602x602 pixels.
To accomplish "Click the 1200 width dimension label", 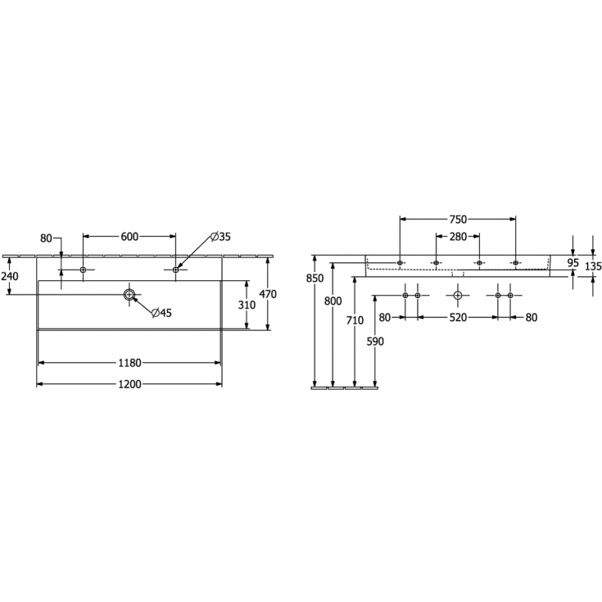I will coord(129,384).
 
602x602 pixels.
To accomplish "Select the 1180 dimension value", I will coord(129,362).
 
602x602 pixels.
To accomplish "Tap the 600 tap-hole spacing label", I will coord(129,237).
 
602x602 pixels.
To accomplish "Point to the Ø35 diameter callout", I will coord(220,237).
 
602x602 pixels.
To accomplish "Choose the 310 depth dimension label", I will coord(247,305).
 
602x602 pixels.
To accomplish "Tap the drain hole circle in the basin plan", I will coord(129,294).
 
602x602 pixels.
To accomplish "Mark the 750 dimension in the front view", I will coord(458,219).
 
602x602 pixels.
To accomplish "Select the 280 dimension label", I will coord(457,237).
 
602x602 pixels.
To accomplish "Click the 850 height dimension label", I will coord(315,278).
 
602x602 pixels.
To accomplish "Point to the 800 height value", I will coord(333,301).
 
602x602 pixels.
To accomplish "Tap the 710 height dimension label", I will coord(354,320).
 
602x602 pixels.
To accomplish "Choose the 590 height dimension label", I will coord(375,342).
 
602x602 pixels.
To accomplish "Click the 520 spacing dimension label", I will coord(458,317).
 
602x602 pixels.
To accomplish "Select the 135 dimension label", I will coord(594,266).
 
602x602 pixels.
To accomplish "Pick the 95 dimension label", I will coord(573,262).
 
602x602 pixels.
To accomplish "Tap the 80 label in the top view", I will coord(46,238).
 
